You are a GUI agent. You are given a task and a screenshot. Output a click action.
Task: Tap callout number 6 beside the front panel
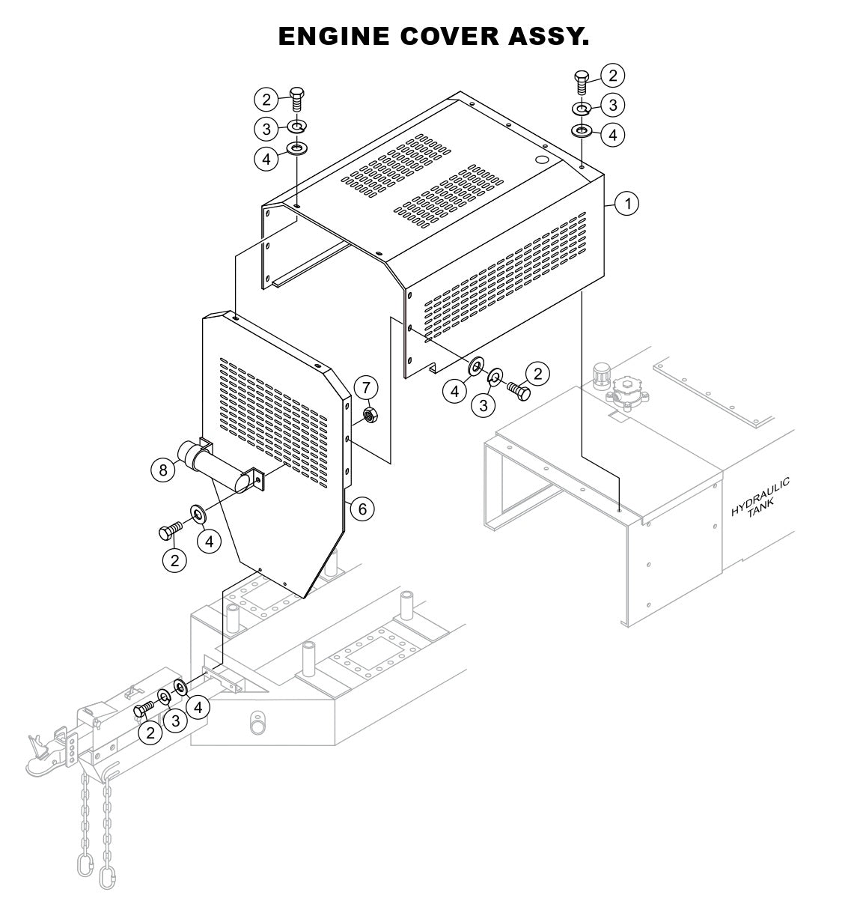362,509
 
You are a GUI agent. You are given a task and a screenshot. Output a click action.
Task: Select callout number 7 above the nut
366,388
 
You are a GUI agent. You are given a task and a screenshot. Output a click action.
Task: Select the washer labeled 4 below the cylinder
199,513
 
